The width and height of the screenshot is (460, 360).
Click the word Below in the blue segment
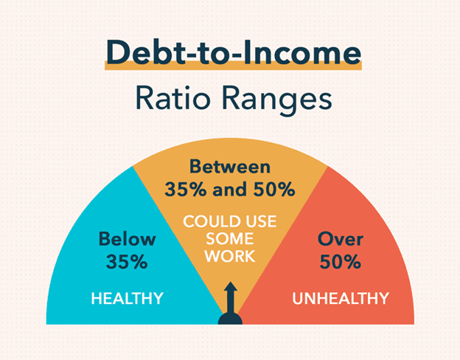128,239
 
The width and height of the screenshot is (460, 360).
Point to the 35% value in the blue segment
128,261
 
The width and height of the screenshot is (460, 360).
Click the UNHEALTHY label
340,299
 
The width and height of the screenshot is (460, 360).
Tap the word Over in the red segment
339,239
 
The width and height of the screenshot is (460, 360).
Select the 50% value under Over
339,261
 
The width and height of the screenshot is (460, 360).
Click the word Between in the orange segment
229,167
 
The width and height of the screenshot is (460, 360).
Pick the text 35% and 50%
229,189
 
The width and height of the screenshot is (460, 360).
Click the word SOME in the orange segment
229,239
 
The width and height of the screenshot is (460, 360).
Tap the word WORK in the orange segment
229,256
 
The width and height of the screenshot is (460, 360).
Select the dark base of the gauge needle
230,319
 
